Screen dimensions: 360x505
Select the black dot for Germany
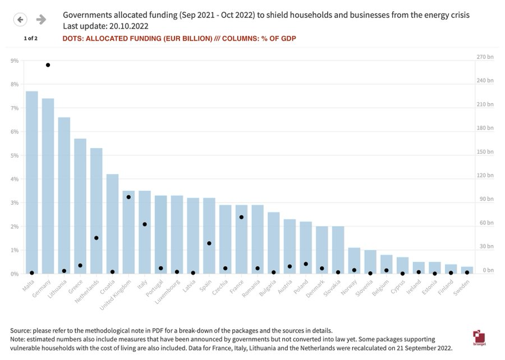48,65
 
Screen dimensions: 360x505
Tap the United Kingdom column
128,232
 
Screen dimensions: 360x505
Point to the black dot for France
241,217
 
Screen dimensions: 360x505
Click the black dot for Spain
209,243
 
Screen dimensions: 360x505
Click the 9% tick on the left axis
15,61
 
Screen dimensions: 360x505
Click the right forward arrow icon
41,20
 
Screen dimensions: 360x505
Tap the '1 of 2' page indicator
30,39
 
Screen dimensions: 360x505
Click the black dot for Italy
145,224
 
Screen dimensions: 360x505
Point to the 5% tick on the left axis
15,155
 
